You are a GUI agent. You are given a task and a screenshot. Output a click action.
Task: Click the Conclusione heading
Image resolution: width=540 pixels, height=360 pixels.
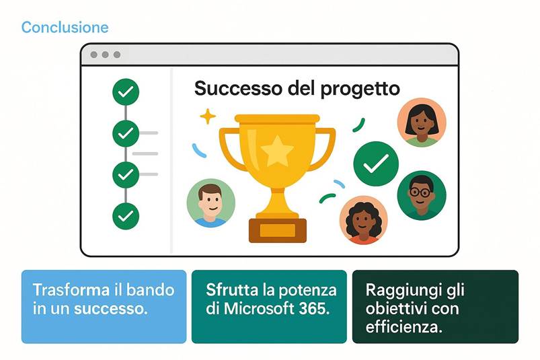[65, 28]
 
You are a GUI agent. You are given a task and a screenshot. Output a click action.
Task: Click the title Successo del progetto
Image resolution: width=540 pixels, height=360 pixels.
[297, 88]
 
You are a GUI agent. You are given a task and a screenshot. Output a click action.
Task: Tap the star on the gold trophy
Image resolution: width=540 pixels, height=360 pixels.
[277, 151]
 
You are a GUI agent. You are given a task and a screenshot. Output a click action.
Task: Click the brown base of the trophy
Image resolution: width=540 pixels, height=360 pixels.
[277, 229]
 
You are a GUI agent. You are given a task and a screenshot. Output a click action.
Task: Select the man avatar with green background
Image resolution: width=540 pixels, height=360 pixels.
[210, 203]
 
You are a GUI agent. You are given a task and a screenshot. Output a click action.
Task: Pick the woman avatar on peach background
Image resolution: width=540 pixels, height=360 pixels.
[422, 122]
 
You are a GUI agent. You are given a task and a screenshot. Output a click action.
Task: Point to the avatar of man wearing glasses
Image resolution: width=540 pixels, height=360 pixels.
[421, 194]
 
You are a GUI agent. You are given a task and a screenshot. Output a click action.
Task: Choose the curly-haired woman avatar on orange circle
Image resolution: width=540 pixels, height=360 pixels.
[363, 219]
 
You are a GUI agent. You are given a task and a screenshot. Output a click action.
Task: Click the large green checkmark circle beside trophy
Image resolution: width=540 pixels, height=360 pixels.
[376, 163]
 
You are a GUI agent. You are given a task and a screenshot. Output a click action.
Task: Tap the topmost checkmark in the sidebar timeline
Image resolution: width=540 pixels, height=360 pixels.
[126, 92]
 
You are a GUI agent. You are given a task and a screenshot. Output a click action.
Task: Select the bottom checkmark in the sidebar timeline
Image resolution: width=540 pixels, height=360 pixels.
[126, 215]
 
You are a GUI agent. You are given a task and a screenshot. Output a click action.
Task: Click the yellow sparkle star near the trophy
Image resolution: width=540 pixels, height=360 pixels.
[208, 117]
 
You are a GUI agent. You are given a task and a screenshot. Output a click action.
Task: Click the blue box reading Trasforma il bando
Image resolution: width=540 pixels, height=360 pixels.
[104, 306]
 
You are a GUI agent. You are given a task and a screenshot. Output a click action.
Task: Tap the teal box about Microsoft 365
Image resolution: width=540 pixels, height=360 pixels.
[269, 306]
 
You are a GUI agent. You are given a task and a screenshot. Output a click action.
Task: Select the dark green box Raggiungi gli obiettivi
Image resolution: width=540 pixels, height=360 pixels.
[435, 306]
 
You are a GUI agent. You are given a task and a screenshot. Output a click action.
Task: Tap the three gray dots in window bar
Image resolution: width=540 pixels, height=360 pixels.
[105, 55]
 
